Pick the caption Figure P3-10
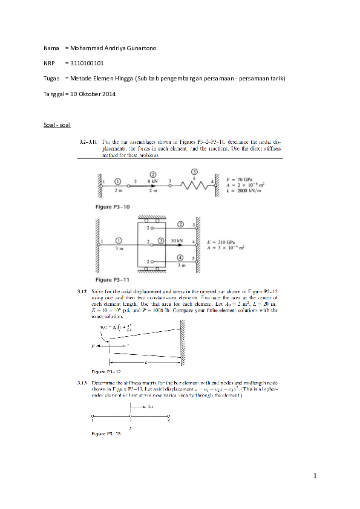[x=113, y=206]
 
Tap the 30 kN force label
[x=176, y=241]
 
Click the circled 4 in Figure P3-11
[x=182, y=258]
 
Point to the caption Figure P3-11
[x=113, y=280]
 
